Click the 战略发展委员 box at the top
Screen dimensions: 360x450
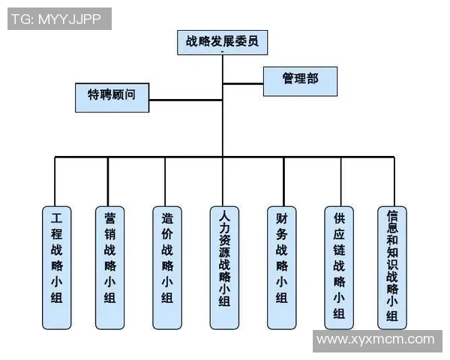coord(223,41)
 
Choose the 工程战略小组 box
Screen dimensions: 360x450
coord(56,267)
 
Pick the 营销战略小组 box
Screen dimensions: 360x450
coord(110,267)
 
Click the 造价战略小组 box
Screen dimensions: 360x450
coord(166,267)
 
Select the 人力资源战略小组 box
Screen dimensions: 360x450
coord(223,267)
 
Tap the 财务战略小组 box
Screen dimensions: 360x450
coord(282,267)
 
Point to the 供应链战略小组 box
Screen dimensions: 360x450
coord(339,267)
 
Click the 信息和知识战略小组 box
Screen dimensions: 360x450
coord(391,267)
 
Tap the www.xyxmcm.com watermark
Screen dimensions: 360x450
coord(376,340)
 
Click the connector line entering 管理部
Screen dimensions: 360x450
coord(244,82)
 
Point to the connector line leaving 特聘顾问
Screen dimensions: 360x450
coord(184,98)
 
